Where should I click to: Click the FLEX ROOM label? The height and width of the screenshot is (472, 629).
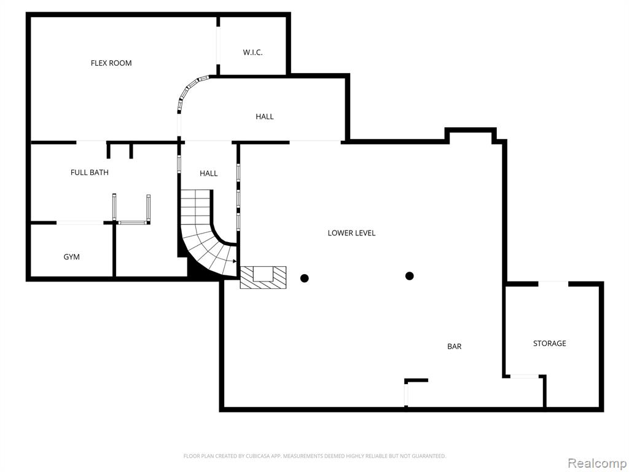pyautogui.click(x=111, y=63)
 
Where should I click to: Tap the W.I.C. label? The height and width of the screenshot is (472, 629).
pyautogui.click(x=252, y=52)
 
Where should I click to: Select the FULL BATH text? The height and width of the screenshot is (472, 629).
pyautogui.click(x=90, y=172)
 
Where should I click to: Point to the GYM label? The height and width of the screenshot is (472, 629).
pyautogui.click(x=71, y=257)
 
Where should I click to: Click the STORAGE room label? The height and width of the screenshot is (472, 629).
pyautogui.click(x=550, y=343)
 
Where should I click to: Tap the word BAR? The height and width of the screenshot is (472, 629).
pyautogui.click(x=455, y=346)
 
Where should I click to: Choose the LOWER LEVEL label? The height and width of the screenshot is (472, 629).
pyautogui.click(x=351, y=233)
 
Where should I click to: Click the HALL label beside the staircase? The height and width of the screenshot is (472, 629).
pyautogui.click(x=209, y=173)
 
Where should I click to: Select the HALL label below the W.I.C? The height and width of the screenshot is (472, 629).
pyautogui.click(x=265, y=116)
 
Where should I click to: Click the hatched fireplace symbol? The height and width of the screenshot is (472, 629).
pyautogui.click(x=263, y=277)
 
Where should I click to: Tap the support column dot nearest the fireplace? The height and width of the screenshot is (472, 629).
pyautogui.click(x=305, y=278)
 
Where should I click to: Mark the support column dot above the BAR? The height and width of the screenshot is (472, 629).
pyautogui.click(x=410, y=276)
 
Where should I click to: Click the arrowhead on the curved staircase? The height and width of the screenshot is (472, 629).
pyautogui.click(x=234, y=261)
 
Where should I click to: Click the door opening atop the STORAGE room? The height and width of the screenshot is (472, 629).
pyautogui.click(x=553, y=284)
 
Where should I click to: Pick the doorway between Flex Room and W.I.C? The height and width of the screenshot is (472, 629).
pyautogui.click(x=218, y=45)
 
